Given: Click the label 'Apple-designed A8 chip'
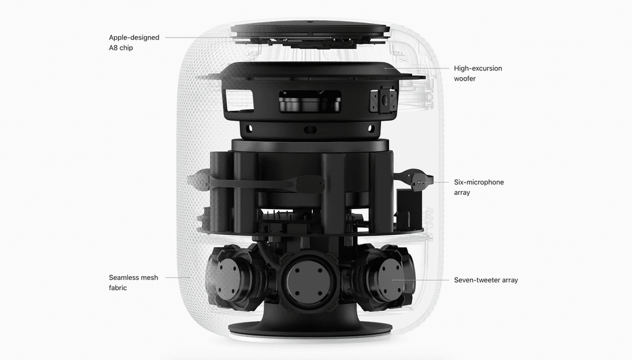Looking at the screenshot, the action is [x=134, y=43].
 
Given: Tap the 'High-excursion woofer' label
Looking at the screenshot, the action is [x=478, y=74].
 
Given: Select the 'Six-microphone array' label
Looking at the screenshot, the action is [x=479, y=187].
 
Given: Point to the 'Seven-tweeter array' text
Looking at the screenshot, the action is [x=486, y=280].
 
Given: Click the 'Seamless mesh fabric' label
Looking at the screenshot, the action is [x=133, y=283].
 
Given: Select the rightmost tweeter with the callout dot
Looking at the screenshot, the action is [x=390, y=279].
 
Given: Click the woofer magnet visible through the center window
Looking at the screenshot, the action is [x=310, y=101].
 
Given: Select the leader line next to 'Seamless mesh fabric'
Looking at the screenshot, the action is [x=177, y=277].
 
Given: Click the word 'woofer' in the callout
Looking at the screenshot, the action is [x=465, y=79].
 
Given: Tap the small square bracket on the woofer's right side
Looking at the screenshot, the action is [x=383, y=99].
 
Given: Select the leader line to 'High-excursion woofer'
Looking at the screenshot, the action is [x=417, y=68].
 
